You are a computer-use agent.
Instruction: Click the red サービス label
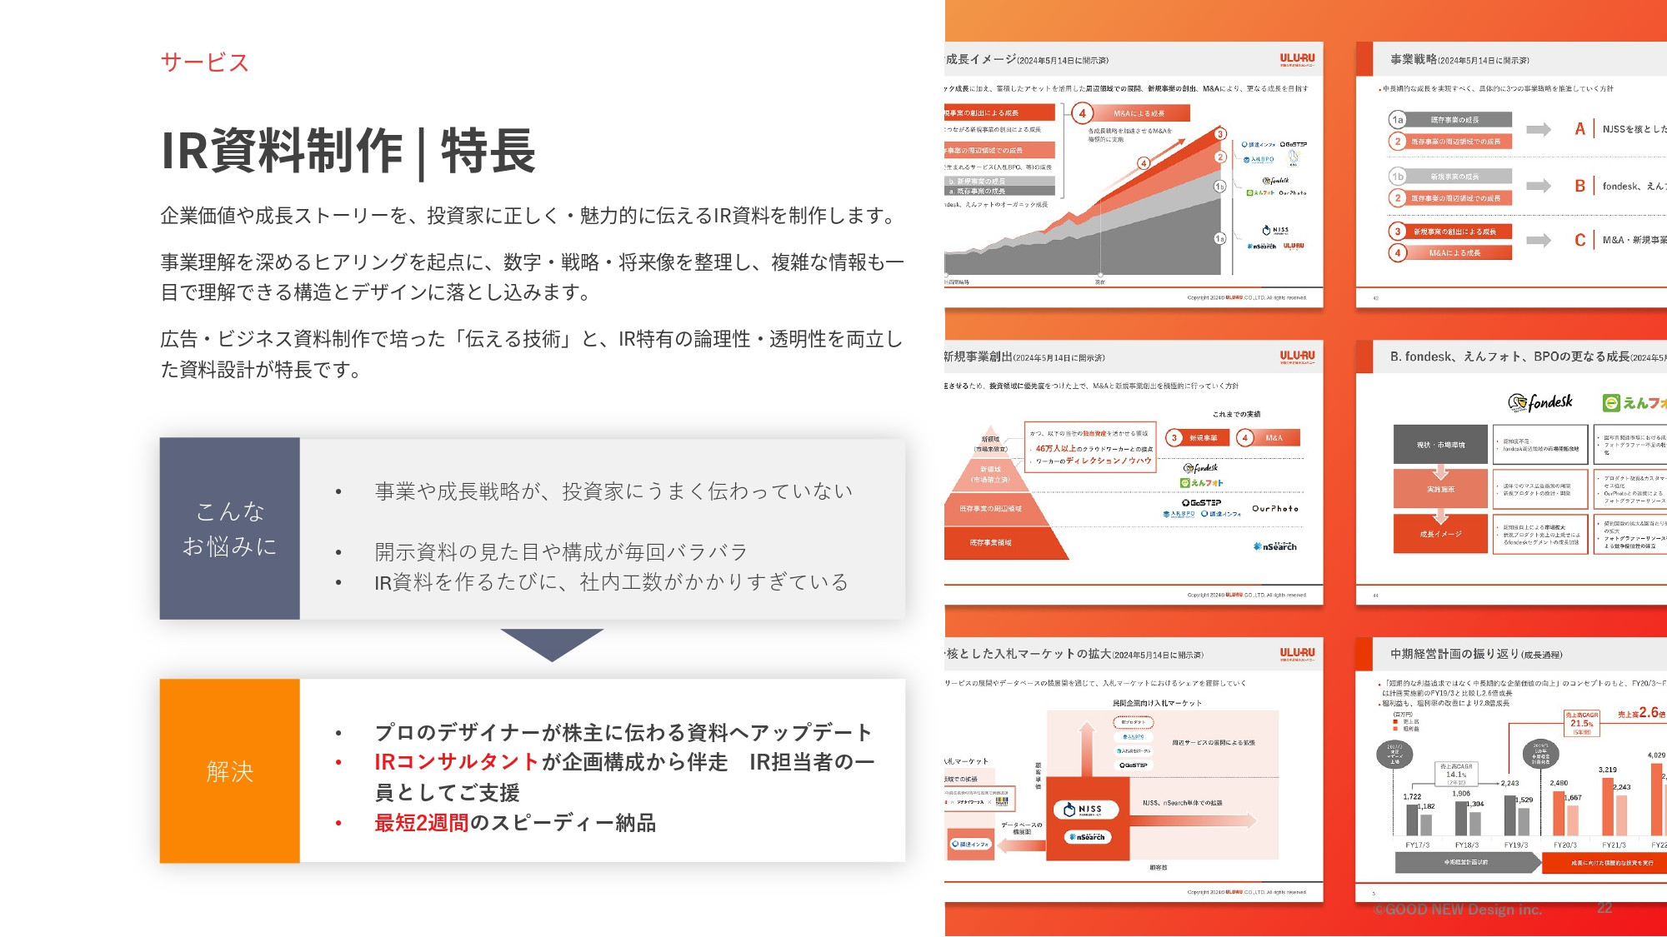(204, 62)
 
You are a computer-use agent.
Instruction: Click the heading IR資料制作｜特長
(348, 152)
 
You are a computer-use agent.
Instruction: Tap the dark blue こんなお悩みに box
(229, 528)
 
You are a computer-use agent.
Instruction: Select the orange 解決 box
(229, 770)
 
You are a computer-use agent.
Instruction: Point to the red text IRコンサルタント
(456, 762)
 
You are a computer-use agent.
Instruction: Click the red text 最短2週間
(421, 823)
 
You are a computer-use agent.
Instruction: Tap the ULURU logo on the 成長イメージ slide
(1297, 59)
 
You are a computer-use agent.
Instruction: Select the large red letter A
(1579, 129)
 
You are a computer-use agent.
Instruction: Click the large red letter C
(1579, 240)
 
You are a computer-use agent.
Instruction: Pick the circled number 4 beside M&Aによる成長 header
(1082, 112)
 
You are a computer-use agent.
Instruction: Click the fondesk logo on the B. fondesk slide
(1540, 402)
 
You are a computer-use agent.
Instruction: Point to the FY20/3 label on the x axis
(1565, 845)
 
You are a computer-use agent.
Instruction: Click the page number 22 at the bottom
(1604, 908)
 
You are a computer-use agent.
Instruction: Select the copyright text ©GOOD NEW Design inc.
(1458, 910)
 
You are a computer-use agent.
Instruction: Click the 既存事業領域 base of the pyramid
(991, 542)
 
